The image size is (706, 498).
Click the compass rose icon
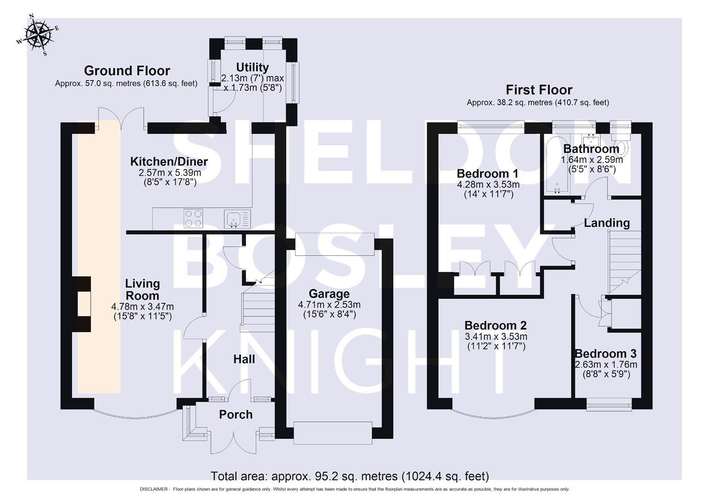(x=38, y=36)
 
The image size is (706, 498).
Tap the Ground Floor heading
(x=127, y=71)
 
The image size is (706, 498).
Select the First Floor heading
(x=539, y=89)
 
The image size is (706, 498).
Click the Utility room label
(x=252, y=67)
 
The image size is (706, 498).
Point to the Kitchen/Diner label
(x=169, y=162)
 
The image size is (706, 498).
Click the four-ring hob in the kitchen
(x=193, y=218)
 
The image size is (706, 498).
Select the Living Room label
(x=142, y=290)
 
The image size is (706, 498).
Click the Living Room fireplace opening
(x=83, y=304)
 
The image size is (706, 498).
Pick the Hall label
(x=244, y=359)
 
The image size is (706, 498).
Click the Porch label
(x=235, y=415)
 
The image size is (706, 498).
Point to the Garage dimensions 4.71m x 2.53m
(x=329, y=305)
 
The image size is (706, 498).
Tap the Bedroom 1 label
(x=487, y=174)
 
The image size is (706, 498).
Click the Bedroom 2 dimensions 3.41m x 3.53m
(x=495, y=337)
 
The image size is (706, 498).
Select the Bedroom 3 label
(x=606, y=354)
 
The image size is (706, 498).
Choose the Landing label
(x=606, y=223)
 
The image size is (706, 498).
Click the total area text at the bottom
(x=350, y=476)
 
